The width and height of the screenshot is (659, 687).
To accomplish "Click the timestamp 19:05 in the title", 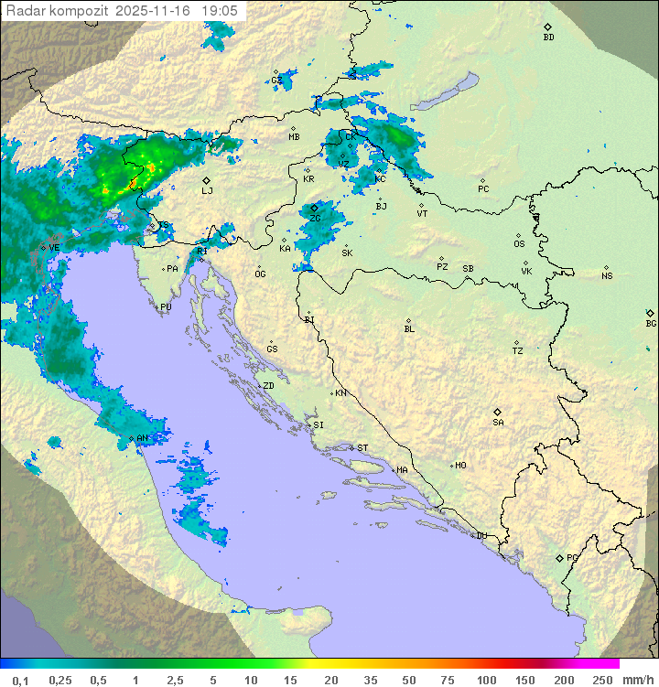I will pos(221,10).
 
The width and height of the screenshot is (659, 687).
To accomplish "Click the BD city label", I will pos(548,38).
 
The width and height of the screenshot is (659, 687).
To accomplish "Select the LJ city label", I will pos(207,191).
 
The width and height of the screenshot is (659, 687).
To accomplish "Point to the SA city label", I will pos(498,423).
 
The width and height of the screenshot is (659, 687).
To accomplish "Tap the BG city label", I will pos(651,324).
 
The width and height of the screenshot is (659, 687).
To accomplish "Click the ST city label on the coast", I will pos(362,448).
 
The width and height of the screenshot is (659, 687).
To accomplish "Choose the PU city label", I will pos(166,308).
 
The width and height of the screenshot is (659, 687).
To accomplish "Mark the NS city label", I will pos(607,276).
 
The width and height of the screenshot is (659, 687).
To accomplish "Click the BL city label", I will pos(409,329).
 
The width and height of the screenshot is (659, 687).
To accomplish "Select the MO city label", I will pos(460,466).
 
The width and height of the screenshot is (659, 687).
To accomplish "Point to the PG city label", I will pos(572,558).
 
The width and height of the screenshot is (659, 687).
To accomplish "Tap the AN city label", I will pos(142,439).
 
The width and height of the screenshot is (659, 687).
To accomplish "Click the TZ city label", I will pos(518,351).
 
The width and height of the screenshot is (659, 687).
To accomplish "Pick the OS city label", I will pos(519,244).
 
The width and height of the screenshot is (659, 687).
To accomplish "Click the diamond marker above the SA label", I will pos(498,412).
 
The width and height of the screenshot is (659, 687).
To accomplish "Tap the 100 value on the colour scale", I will pos(486,680).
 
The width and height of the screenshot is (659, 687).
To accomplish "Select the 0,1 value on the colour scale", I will pos(21,680).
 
